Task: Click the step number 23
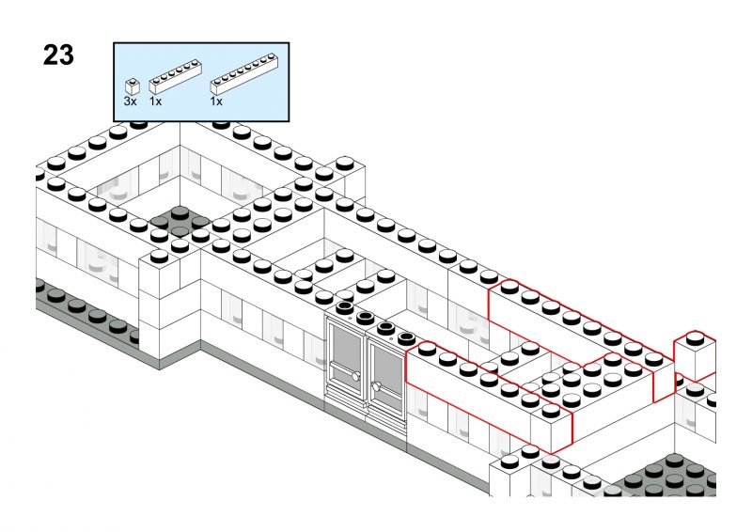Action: (x=58, y=55)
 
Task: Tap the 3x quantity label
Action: (x=130, y=102)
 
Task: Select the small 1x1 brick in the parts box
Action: (x=132, y=86)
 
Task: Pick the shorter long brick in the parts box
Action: (x=175, y=76)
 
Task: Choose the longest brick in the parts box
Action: (x=244, y=73)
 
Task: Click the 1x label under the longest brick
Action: (x=216, y=102)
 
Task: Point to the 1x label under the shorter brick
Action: (x=155, y=102)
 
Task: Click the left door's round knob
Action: (x=355, y=376)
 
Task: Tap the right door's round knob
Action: (x=377, y=385)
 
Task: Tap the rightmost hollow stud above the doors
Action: (x=406, y=337)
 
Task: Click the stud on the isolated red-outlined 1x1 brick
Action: (x=695, y=338)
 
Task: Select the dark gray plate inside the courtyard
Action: (x=180, y=222)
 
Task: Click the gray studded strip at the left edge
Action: (x=87, y=313)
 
